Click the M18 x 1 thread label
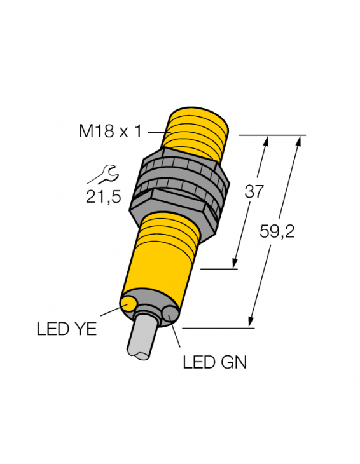(109, 132)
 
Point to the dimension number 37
(254, 191)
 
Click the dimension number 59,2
(278, 233)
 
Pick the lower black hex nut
(178, 197)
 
